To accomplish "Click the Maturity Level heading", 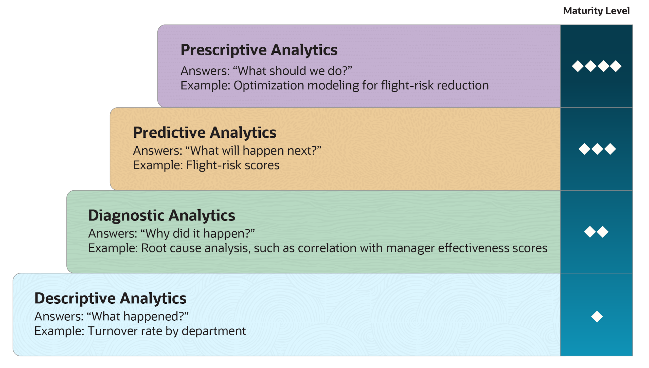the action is [x=596, y=11].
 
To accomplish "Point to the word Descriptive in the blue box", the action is [x=75, y=298].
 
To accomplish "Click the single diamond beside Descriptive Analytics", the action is [x=597, y=317].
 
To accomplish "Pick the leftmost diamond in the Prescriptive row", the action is [x=578, y=66].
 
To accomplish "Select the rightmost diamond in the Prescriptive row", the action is [x=616, y=66].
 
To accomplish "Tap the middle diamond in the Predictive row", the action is [x=597, y=149].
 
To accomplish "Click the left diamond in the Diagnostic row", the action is [x=590, y=232].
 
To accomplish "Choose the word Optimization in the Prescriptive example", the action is [x=268, y=86].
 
